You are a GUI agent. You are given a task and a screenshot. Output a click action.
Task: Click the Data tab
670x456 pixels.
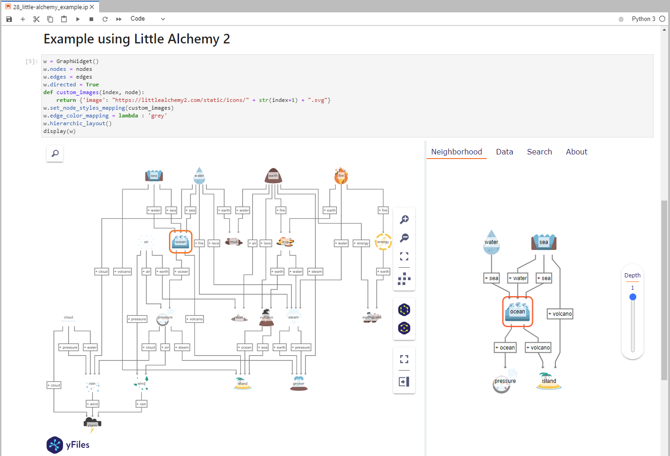(x=504, y=152)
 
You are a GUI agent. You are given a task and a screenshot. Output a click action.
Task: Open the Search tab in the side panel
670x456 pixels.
(x=539, y=152)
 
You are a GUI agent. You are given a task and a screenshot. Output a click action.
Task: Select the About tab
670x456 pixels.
(x=576, y=152)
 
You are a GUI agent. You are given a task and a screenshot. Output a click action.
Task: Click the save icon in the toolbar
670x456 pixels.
(x=9, y=19)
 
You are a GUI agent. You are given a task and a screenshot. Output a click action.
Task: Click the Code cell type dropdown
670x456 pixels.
(x=147, y=19)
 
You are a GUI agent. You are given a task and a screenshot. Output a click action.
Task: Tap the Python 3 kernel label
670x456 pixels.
(x=643, y=19)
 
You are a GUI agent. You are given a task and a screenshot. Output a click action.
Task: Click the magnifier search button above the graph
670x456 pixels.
(x=55, y=154)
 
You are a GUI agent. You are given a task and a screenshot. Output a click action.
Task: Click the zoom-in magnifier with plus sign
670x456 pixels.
(x=404, y=220)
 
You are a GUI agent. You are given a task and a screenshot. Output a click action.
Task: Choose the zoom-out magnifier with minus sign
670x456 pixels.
(x=404, y=238)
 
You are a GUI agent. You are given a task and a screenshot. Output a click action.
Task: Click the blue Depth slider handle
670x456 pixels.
(x=633, y=297)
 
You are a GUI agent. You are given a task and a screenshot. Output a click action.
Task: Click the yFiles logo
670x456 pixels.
(x=68, y=445)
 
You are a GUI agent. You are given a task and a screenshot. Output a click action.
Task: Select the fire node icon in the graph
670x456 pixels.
(x=341, y=176)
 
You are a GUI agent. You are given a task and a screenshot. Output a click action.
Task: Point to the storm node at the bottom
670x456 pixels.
(x=92, y=423)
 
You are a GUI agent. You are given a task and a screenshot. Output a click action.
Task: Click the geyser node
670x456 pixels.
(x=299, y=383)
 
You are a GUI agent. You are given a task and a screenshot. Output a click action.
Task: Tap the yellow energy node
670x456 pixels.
(x=383, y=242)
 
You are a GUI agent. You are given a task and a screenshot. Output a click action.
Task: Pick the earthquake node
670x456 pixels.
(x=372, y=318)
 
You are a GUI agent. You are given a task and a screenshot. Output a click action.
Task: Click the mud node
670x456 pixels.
(x=233, y=242)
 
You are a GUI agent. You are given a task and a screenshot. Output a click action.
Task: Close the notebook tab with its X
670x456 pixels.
(x=92, y=7)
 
